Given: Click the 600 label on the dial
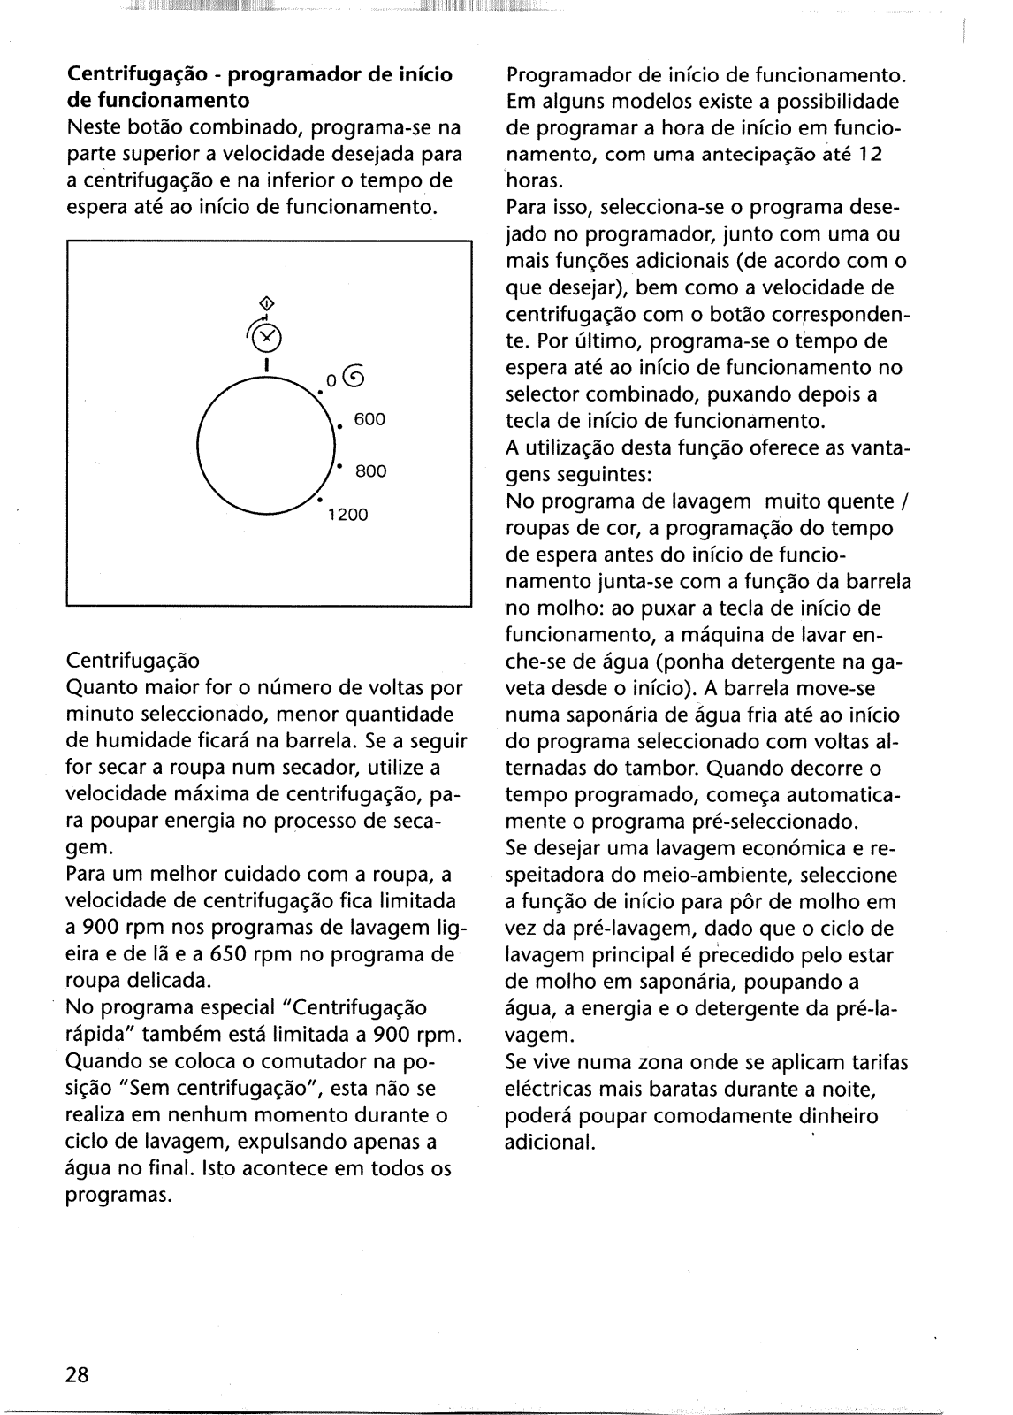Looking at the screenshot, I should (369, 419).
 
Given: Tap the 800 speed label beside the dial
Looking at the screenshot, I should (370, 471).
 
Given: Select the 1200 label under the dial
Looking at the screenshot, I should (347, 515).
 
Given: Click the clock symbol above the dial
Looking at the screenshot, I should (267, 336).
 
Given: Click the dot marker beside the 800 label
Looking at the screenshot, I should (339, 465).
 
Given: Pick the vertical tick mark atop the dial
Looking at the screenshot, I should (266, 363).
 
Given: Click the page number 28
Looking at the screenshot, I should (77, 1374).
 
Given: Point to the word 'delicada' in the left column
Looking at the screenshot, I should (171, 981).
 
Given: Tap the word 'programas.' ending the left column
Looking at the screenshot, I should (118, 1195).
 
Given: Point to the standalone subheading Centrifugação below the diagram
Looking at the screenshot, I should (133, 661).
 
